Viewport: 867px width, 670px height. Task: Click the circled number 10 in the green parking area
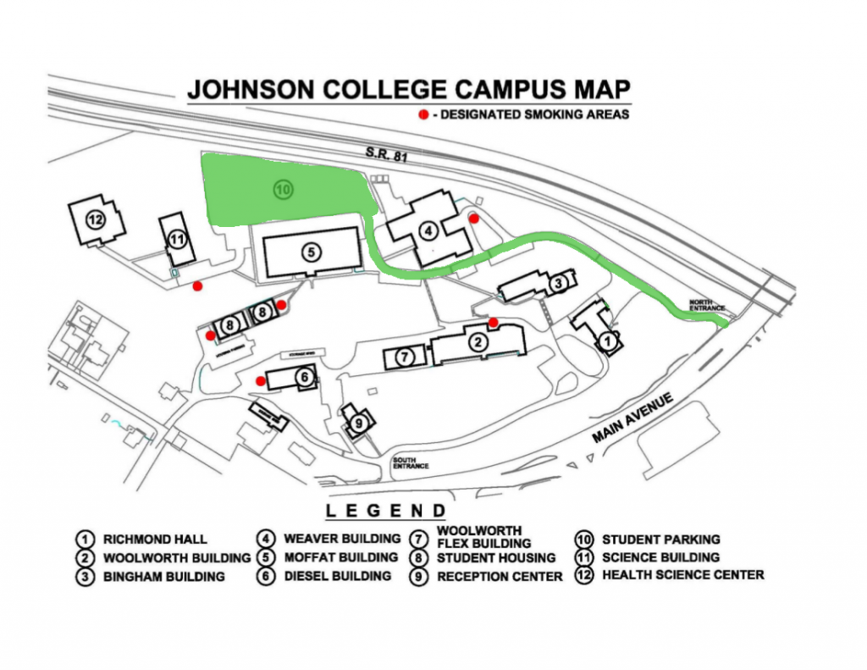pyautogui.click(x=283, y=190)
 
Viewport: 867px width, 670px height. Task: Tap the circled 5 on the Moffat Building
pyautogui.click(x=311, y=252)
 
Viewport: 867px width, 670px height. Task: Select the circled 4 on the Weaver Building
pyautogui.click(x=428, y=229)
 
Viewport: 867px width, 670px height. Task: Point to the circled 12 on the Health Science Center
pyautogui.click(x=95, y=220)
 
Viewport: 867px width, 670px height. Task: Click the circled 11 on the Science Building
pyautogui.click(x=176, y=239)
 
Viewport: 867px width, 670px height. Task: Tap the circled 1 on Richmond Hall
pyautogui.click(x=606, y=341)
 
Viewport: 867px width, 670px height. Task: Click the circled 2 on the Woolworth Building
pyautogui.click(x=478, y=342)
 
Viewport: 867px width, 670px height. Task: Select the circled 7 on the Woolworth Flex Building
pyautogui.click(x=405, y=357)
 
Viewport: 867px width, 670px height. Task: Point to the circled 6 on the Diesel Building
pyautogui.click(x=301, y=377)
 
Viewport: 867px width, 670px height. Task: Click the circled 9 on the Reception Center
pyautogui.click(x=359, y=423)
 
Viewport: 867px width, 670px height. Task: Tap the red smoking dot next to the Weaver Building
pyautogui.click(x=474, y=218)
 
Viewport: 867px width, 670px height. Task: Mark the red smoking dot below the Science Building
pyautogui.click(x=196, y=286)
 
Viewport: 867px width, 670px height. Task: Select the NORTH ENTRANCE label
pyautogui.click(x=707, y=304)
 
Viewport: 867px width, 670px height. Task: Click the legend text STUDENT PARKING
pyautogui.click(x=660, y=539)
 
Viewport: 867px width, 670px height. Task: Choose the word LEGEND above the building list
pyautogui.click(x=386, y=511)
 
